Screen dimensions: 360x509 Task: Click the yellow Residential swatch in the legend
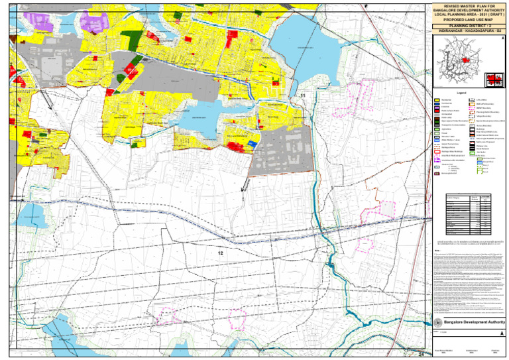point(437,101)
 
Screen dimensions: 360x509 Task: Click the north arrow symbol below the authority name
point(436,331)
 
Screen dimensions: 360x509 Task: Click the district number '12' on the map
point(221,253)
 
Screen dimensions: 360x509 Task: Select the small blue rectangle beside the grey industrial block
point(253,143)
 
